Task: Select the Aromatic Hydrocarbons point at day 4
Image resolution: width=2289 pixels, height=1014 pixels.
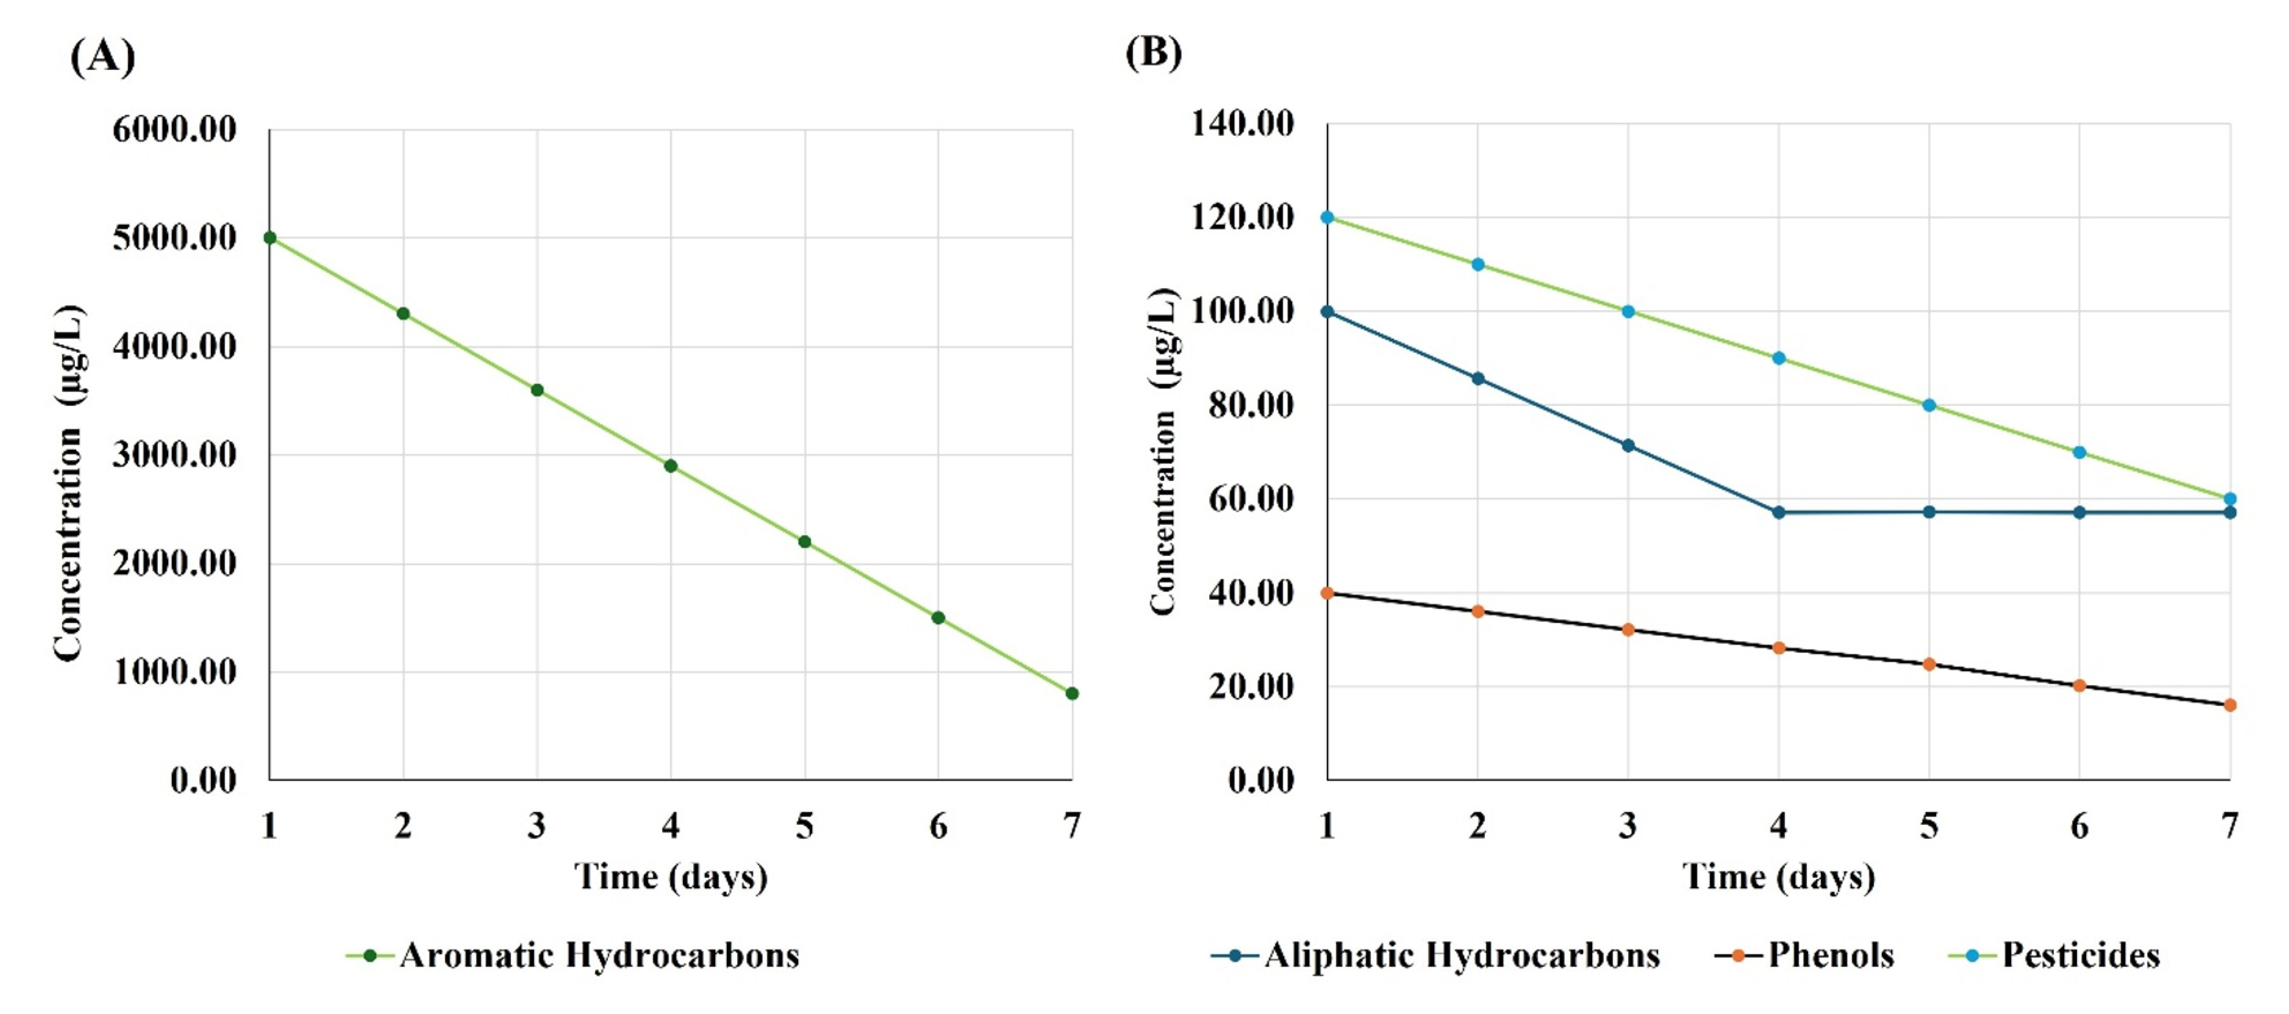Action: click(671, 466)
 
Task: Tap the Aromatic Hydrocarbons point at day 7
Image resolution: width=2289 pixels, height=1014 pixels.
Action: click(1073, 693)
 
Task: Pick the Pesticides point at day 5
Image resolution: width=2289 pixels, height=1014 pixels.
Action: click(1929, 405)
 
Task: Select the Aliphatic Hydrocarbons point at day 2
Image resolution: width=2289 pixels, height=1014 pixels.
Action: click(1478, 379)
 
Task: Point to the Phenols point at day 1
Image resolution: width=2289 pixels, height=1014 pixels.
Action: click(1328, 593)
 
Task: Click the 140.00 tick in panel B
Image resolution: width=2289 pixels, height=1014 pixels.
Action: click(1242, 123)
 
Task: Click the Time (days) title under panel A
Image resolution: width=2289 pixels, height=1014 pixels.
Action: click(671, 877)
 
